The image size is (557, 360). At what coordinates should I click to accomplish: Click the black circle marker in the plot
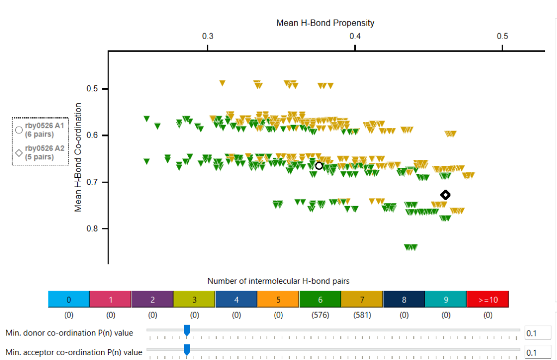click(319, 166)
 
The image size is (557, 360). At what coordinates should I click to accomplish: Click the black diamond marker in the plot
click(445, 195)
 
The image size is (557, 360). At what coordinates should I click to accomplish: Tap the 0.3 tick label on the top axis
click(208, 36)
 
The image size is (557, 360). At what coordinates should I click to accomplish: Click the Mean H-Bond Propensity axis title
click(325, 23)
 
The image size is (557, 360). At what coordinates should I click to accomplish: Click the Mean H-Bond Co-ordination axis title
click(78, 157)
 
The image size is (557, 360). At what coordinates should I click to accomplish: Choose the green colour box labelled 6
click(320, 299)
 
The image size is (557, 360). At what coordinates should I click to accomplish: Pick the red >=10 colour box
click(487, 299)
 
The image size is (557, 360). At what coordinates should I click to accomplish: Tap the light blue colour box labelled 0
click(69, 299)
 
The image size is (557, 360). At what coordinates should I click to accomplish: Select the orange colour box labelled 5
click(278, 299)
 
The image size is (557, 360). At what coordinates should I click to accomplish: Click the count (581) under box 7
click(362, 315)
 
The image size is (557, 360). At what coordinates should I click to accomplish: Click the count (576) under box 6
click(320, 315)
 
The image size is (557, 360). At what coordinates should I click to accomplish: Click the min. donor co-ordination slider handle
click(187, 330)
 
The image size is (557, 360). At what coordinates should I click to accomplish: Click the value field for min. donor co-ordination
click(537, 333)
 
